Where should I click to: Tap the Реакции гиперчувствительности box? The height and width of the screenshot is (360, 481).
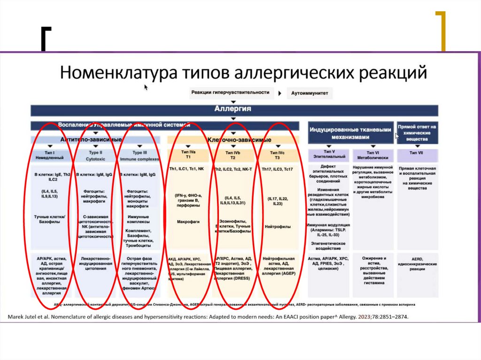230,92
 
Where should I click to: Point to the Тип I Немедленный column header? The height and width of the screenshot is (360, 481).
49,155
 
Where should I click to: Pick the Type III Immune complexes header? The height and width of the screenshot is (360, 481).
139,155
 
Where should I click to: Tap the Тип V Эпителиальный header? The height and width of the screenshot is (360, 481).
329,155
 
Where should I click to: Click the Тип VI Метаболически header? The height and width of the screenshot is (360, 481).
372,155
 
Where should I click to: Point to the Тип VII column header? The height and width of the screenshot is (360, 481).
417,153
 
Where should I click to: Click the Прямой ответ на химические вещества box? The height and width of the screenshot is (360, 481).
417,133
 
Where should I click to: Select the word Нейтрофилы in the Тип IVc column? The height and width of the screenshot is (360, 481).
277,227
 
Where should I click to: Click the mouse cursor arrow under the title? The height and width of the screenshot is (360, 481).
146,87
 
